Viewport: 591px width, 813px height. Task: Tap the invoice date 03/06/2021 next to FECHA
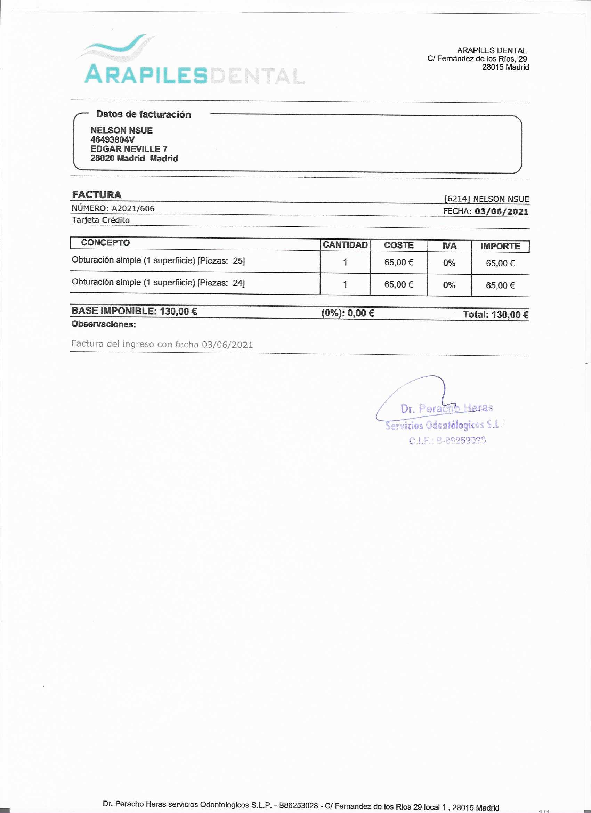click(501, 211)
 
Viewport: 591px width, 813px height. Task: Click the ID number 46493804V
click(113, 139)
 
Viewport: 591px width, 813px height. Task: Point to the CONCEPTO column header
click(105, 243)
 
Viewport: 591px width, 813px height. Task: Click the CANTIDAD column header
click(345, 245)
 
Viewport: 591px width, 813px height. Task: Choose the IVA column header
click(449, 245)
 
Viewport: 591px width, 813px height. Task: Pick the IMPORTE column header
click(500, 246)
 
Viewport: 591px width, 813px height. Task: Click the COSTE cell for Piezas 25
click(398, 263)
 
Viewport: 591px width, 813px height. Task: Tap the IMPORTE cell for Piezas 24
click(500, 285)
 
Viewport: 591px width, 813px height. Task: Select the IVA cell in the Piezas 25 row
click(449, 263)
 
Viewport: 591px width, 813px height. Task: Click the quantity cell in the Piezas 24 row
click(345, 284)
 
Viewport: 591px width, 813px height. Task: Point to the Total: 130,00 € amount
click(496, 315)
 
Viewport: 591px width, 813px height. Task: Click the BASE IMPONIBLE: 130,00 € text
click(134, 311)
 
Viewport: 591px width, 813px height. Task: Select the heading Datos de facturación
click(143, 114)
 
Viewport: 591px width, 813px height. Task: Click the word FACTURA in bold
click(97, 195)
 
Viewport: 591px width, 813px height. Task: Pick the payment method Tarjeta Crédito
click(100, 220)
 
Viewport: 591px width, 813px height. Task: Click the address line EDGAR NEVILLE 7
click(129, 149)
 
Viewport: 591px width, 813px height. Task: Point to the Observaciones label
click(104, 324)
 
